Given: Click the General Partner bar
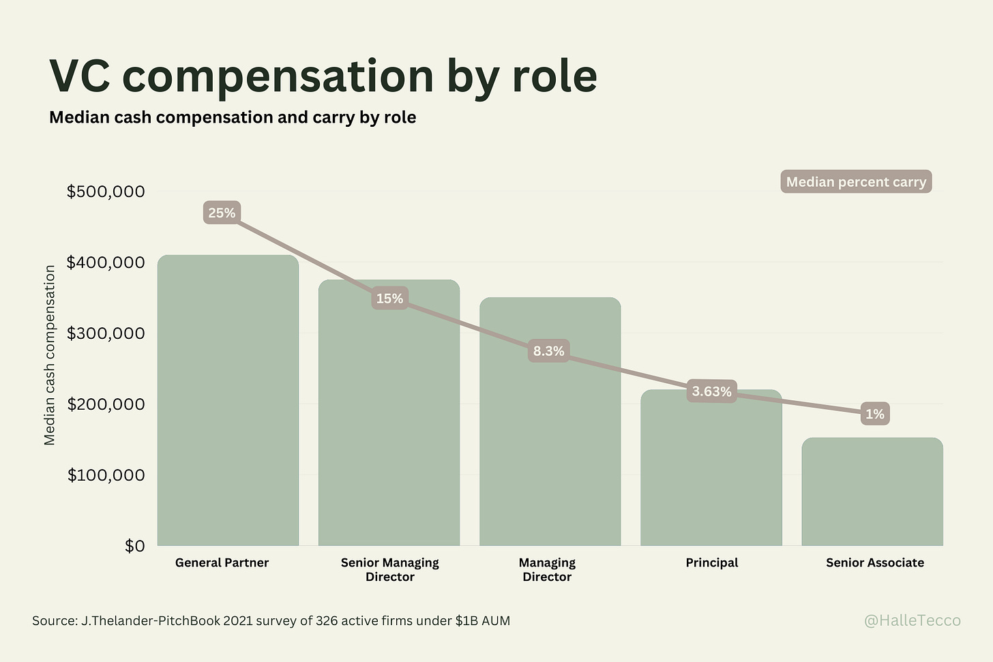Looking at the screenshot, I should (x=228, y=409).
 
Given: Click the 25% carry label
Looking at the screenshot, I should (x=222, y=213).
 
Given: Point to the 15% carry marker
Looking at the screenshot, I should (x=389, y=299).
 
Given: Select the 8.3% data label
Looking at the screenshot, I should (x=548, y=351).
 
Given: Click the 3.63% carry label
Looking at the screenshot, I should (x=711, y=391).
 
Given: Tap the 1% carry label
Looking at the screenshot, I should (x=874, y=414).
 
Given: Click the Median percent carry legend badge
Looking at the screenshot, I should (x=856, y=182).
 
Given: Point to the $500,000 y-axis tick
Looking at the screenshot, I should (x=106, y=192).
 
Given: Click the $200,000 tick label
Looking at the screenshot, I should (x=106, y=404).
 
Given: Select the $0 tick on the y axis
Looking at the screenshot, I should (x=134, y=546).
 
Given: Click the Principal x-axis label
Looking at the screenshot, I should (x=711, y=562).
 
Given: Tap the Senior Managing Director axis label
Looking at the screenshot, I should (x=389, y=569).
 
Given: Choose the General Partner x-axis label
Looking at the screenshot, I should (x=222, y=562).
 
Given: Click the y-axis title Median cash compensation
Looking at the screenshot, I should (x=49, y=355).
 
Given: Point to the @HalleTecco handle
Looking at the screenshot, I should (x=912, y=620).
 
